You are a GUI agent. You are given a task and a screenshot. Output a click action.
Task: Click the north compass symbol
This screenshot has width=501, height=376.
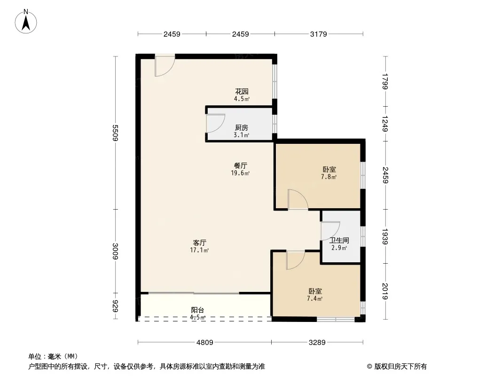click(x=26, y=21)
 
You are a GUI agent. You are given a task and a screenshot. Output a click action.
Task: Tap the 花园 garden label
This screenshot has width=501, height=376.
click(x=242, y=92)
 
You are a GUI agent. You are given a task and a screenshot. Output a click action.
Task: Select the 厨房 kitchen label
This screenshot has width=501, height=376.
click(x=242, y=127)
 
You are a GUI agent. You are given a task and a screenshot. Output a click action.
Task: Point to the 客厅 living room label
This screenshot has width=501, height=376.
click(x=200, y=243)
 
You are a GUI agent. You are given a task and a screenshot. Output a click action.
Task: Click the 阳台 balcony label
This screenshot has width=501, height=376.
click(x=197, y=310)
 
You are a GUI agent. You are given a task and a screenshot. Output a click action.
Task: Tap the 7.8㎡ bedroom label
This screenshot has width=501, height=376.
click(x=329, y=177)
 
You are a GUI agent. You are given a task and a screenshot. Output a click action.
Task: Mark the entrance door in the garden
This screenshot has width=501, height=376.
click(x=165, y=65)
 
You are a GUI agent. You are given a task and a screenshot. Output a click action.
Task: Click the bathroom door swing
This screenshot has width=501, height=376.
click(x=329, y=231)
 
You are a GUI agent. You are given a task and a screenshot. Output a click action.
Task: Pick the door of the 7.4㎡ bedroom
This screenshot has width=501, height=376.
click(x=295, y=260)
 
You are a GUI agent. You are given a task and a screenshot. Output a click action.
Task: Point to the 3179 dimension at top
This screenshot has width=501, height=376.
click(x=319, y=34)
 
